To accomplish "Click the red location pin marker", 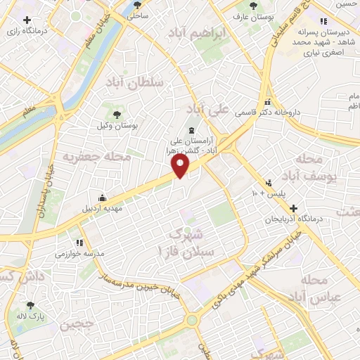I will coord(181,167).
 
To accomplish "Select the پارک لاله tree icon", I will coord(30,306).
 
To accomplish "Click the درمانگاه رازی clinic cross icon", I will coord(27,20).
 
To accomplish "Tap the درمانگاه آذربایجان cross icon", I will coord(293,208).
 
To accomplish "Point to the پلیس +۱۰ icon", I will coord(269,182).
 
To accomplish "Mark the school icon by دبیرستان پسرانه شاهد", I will coord(323,21).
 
